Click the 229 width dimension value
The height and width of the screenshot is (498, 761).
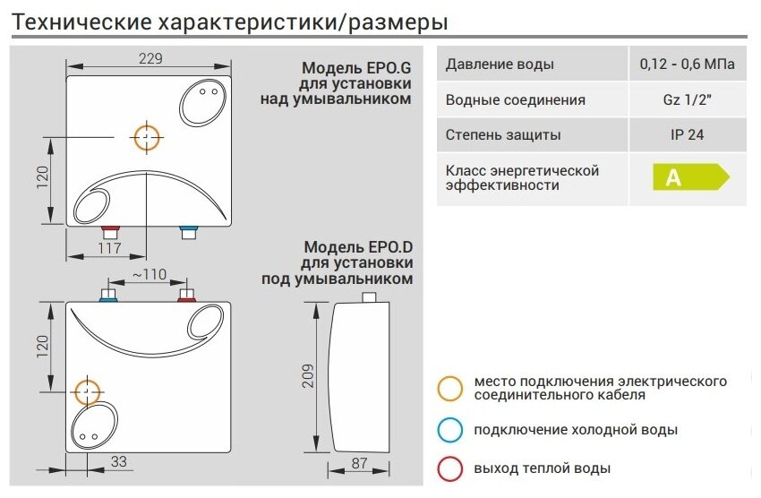150,59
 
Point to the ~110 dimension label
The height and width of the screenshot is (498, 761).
149,274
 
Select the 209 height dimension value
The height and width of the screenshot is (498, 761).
307,375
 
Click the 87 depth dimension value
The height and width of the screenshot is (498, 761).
359,464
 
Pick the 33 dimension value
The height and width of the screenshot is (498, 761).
119,463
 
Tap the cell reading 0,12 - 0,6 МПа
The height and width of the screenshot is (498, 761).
687,64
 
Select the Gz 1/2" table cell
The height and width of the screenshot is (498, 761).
687,100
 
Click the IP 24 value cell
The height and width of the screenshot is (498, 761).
687,136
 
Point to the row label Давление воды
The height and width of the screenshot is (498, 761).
500,64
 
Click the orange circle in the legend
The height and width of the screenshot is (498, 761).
450,388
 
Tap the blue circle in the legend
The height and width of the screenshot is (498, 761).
450,429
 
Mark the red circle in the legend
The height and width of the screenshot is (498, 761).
450,468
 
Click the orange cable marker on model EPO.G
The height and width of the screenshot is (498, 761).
147,137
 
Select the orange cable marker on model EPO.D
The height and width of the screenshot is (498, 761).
87,391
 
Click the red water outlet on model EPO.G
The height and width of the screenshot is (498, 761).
110,230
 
